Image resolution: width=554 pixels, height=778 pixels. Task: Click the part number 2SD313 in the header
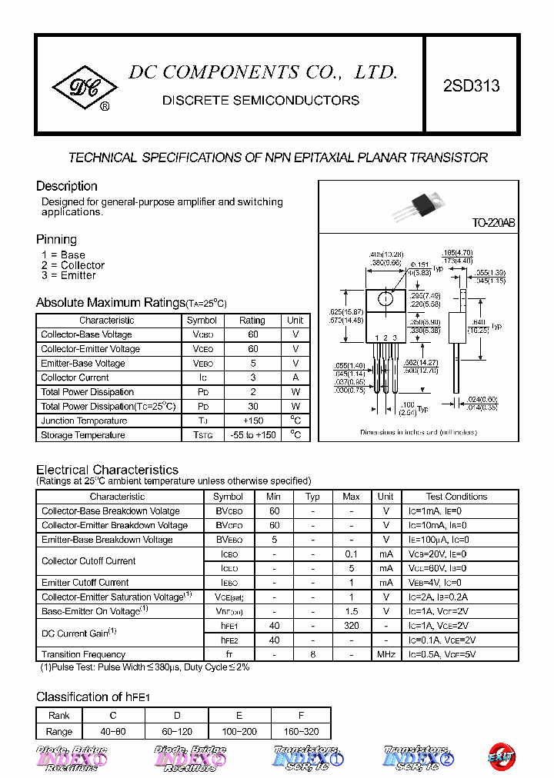pyautogui.click(x=471, y=86)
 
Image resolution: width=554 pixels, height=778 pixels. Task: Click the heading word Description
pyautogui.click(x=67, y=186)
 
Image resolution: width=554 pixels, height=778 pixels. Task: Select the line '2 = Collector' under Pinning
pyautogui.click(x=73, y=265)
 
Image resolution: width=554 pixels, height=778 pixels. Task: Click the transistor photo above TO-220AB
pyautogui.click(x=415, y=205)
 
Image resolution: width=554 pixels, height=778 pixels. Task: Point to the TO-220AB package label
pyautogui.click(x=493, y=223)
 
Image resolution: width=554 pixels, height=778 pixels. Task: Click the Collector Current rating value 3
pyautogui.click(x=252, y=377)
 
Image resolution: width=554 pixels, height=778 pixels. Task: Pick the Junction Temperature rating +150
pyautogui.click(x=252, y=421)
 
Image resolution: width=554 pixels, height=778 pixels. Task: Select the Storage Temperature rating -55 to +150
pyautogui.click(x=252, y=435)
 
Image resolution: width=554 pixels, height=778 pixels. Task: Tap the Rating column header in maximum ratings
pyautogui.click(x=252, y=320)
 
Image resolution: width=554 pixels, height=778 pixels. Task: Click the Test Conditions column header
pyautogui.click(x=456, y=497)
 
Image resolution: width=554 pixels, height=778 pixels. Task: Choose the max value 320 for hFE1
pyautogui.click(x=351, y=626)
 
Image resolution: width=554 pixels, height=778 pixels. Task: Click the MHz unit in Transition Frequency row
pyautogui.click(x=385, y=654)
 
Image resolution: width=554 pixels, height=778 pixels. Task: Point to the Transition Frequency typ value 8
pyautogui.click(x=312, y=654)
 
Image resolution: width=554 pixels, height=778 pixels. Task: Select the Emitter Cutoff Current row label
pyautogui.click(x=85, y=583)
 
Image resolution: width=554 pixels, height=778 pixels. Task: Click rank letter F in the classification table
pyautogui.click(x=302, y=715)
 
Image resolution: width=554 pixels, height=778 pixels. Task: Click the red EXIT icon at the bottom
pyautogui.click(x=502, y=756)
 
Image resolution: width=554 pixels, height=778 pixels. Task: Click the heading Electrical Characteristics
pyautogui.click(x=108, y=470)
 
